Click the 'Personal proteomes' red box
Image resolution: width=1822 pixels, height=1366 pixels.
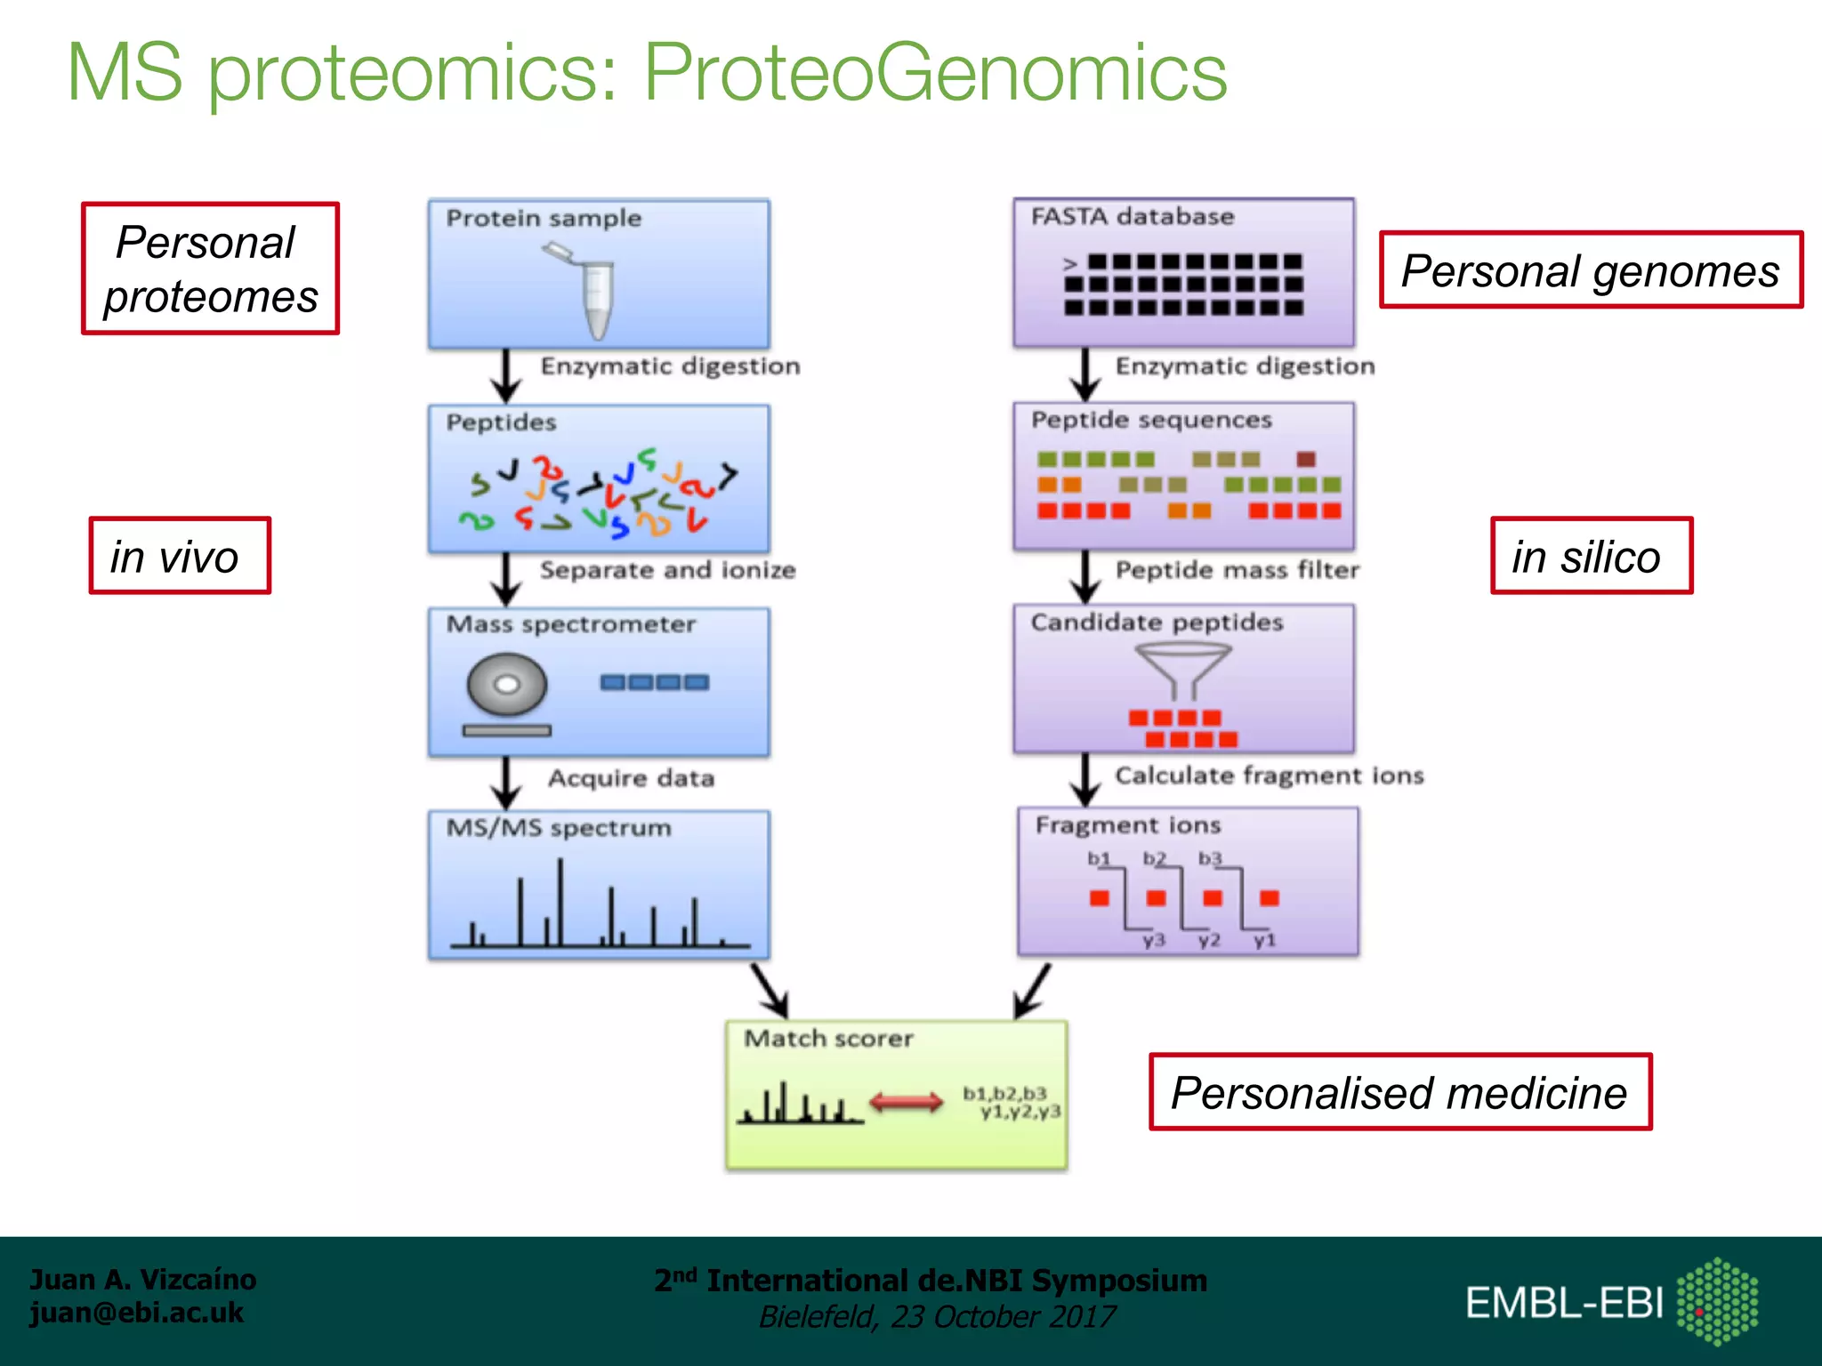point(210,269)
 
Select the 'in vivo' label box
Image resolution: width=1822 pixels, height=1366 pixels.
point(179,556)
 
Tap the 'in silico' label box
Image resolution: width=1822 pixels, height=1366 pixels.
point(1591,556)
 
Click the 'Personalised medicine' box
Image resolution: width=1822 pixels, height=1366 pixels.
point(1399,1092)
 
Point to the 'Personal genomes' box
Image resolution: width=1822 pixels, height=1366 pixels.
point(1590,270)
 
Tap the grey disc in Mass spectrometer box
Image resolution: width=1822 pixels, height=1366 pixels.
point(506,685)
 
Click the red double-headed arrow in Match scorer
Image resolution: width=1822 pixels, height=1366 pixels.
point(906,1103)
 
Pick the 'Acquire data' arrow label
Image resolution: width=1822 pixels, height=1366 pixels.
point(631,778)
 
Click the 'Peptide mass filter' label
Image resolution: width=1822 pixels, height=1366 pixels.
point(1238,569)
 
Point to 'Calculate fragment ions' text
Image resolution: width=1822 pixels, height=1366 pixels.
point(1269,775)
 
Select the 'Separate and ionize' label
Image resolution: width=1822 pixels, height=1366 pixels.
point(667,569)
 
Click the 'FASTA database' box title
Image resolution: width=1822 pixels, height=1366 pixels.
point(1133,216)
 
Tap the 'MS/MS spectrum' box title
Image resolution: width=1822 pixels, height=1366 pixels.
point(559,827)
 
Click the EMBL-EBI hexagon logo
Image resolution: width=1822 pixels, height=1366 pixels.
point(1717,1302)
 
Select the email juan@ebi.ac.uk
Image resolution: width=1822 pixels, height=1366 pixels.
point(136,1313)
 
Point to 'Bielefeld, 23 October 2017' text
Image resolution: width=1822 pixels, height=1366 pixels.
point(936,1316)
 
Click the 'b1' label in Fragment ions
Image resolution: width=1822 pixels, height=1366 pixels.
point(1099,858)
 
